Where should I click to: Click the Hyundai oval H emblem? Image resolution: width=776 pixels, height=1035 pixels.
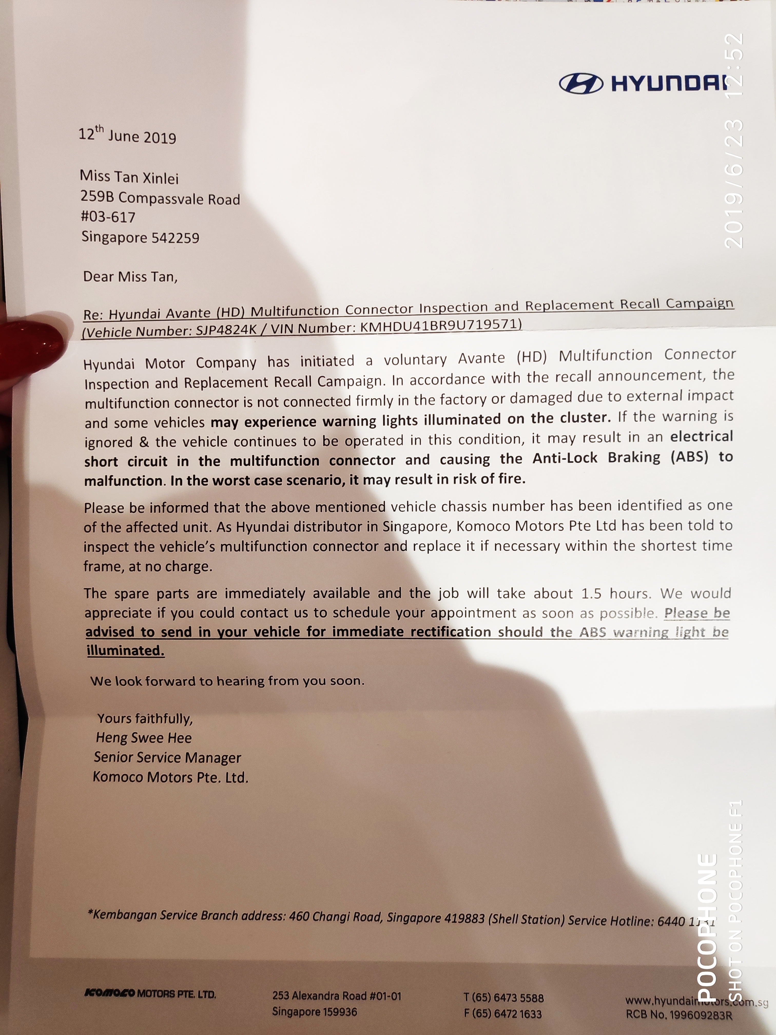[x=580, y=84]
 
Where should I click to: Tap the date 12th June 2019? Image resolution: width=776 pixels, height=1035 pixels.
[x=127, y=135]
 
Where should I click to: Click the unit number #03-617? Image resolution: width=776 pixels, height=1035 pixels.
[x=108, y=217]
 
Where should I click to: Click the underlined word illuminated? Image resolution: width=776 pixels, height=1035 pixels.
[x=125, y=651]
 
